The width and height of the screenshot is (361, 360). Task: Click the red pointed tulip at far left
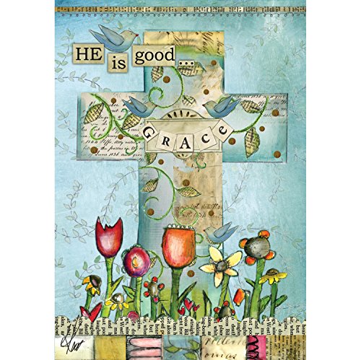(108, 241)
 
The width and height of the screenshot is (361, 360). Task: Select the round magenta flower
(136, 261)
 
